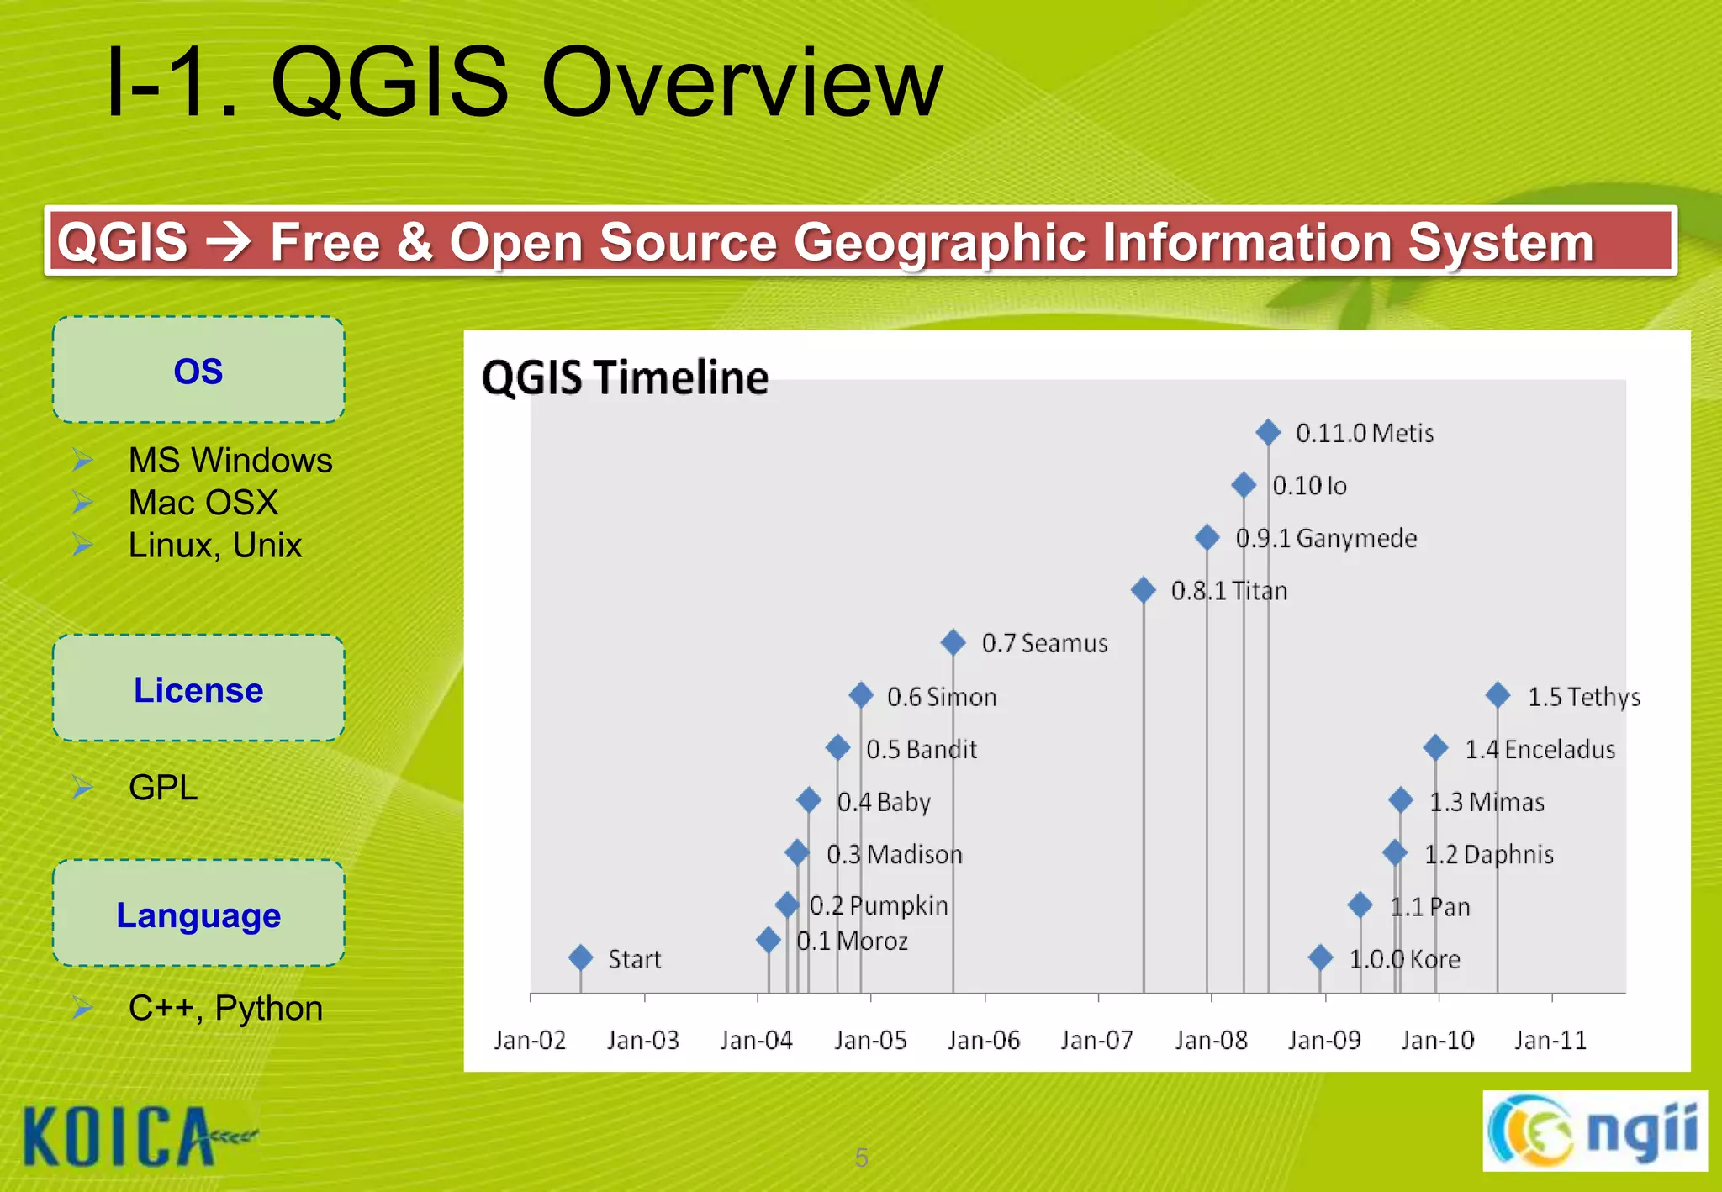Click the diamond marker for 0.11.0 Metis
[x=1268, y=433]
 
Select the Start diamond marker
[x=580, y=957]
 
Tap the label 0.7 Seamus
[x=1044, y=644]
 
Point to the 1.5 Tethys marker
[x=1498, y=695]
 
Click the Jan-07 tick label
[x=1096, y=1041]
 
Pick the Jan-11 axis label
[x=1550, y=1041]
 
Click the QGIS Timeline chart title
[x=625, y=377]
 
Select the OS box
[x=198, y=370]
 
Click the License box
[x=198, y=688]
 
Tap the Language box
[x=198, y=914]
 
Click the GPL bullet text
[x=163, y=788]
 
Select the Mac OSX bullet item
[x=203, y=503]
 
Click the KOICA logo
[x=126, y=1137]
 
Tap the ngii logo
[x=1594, y=1131]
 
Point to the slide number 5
[x=861, y=1158]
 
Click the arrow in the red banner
[x=229, y=242]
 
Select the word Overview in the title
[x=742, y=84]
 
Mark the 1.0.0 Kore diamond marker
[x=1320, y=957]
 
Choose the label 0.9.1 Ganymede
[x=1326, y=539]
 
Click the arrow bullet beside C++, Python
[x=82, y=1007]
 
